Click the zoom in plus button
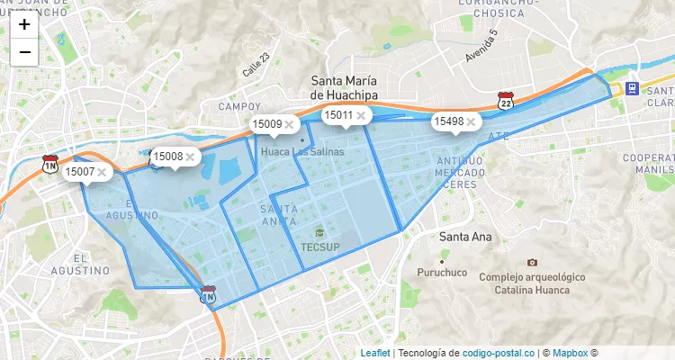click(24, 25)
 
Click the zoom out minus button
click(24, 52)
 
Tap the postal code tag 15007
click(80, 171)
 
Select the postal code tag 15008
click(167, 156)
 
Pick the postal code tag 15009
click(266, 123)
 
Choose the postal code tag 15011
click(338, 115)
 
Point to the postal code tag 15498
click(448, 121)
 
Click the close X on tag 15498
click(471, 121)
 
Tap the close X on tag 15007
click(103, 171)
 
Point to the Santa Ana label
click(465, 238)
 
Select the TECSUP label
click(320, 246)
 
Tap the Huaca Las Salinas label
click(302, 152)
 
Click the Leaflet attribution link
click(375, 353)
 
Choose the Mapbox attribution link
click(570, 353)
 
